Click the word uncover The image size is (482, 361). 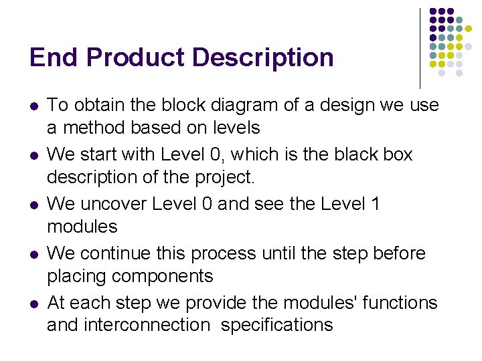[113, 203]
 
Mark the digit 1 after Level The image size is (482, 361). [376, 203]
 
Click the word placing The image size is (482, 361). [74, 276]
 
